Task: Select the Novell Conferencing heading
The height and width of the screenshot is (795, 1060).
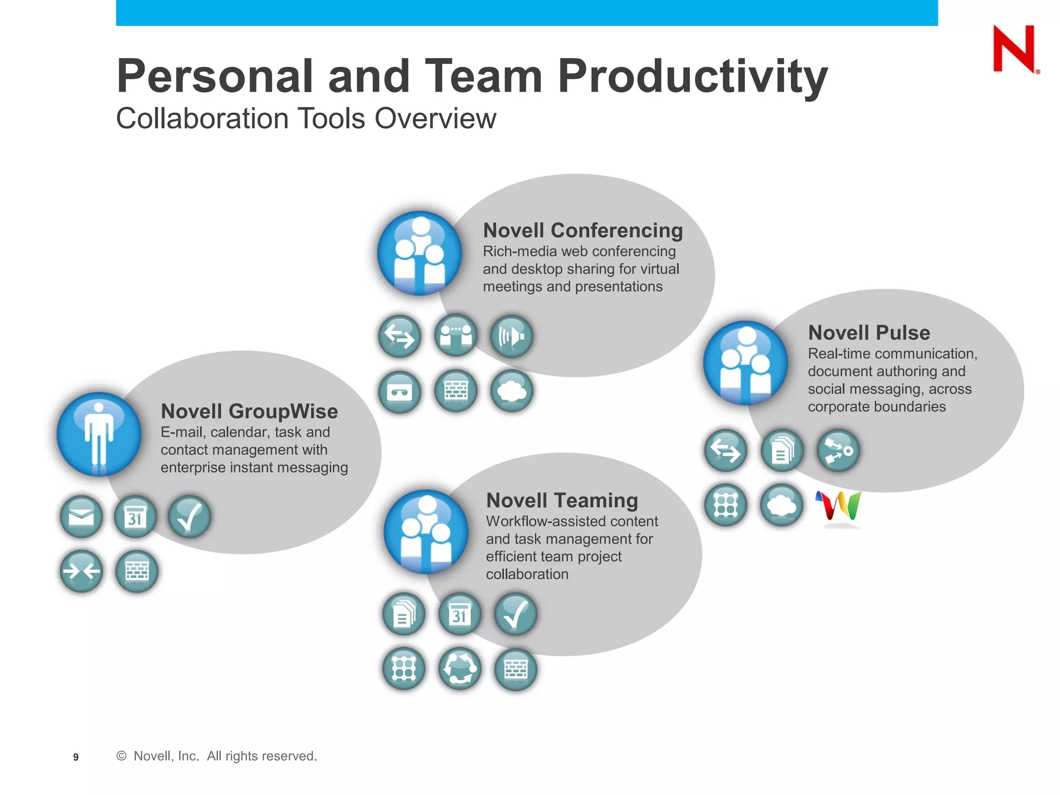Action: pyautogui.click(x=583, y=230)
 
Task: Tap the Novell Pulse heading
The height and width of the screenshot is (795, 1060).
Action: pyautogui.click(x=868, y=332)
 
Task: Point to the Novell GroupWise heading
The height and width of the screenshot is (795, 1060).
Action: pyautogui.click(x=249, y=411)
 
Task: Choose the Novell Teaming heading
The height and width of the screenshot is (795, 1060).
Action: pyautogui.click(x=562, y=500)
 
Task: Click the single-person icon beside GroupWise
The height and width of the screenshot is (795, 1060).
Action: pyautogui.click(x=99, y=434)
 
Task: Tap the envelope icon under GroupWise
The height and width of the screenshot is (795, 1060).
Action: pyautogui.click(x=81, y=517)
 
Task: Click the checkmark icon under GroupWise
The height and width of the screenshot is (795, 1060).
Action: pyautogui.click(x=189, y=517)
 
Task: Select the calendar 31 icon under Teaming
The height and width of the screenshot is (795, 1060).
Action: pyautogui.click(x=460, y=614)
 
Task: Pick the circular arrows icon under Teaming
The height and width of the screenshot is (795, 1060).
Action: pyautogui.click(x=460, y=669)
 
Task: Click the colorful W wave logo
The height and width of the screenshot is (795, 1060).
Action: pyautogui.click(x=838, y=506)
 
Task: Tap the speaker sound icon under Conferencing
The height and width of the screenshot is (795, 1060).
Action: pyautogui.click(x=511, y=336)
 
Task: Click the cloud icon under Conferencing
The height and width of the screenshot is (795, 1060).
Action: pyautogui.click(x=511, y=391)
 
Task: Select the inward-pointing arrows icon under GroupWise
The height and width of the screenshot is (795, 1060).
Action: pyautogui.click(x=81, y=571)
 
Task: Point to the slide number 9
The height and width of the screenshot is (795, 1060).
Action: pyautogui.click(x=76, y=757)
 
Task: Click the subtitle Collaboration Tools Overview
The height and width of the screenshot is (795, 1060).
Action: pyautogui.click(x=305, y=119)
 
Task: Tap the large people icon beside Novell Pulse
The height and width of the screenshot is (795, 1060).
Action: pyautogui.click(x=745, y=363)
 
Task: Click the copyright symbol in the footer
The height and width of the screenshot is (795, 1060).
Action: pyautogui.click(x=122, y=756)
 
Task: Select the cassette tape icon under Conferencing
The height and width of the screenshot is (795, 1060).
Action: pyautogui.click(x=400, y=392)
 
